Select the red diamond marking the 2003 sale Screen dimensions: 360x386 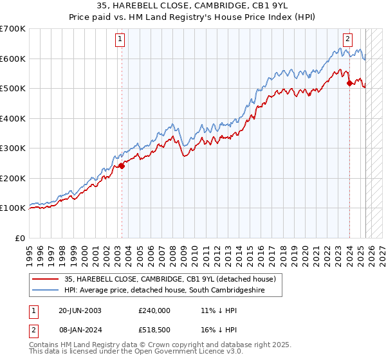(x=122, y=166)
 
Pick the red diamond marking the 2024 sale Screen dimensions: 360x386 (x=349, y=83)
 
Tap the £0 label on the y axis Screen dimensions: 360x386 (x=21, y=238)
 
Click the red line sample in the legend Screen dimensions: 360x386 (x=46, y=279)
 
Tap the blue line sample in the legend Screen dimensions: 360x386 (x=46, y=291)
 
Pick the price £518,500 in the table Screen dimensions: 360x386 (x=154, y=329)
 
